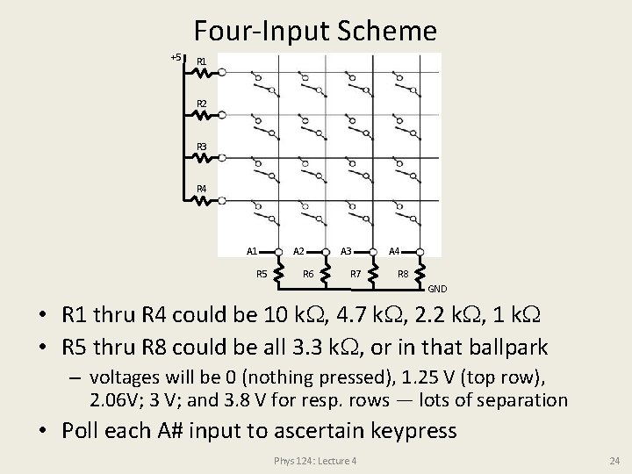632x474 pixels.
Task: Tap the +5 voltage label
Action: click(176, 57)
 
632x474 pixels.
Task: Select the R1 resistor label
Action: click(202, 61)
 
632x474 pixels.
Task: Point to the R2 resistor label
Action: click(202, 104)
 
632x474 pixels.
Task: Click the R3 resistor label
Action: click(202, 147)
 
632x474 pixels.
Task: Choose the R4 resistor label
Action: click(202, 189)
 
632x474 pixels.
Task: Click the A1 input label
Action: click(252, 251)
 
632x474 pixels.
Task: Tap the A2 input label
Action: click(298, 251)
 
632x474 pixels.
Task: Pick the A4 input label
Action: click(394, 251)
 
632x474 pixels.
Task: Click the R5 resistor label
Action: click(262, 274)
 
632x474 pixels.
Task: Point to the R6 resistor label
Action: click(308, 274)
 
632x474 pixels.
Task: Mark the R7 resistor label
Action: click(355, 274)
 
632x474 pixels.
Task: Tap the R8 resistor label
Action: click(403, 274)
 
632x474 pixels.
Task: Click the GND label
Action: click(437, 288)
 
